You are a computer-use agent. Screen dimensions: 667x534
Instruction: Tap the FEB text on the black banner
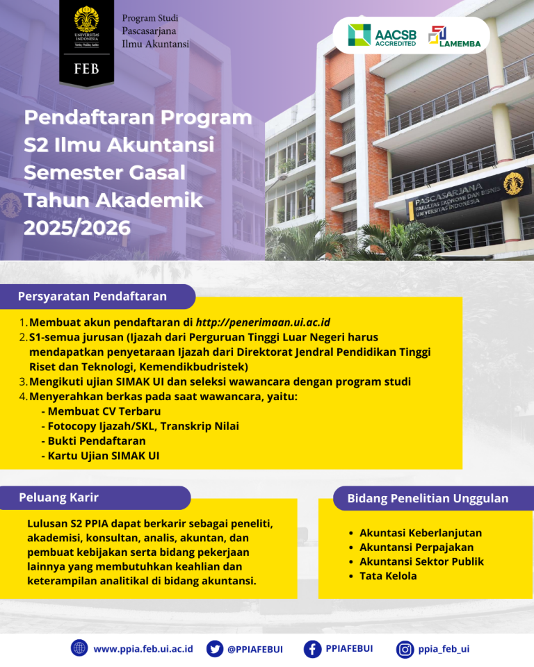click(x=86, y=69)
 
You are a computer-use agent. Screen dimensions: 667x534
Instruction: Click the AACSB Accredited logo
click(x=382, y=35)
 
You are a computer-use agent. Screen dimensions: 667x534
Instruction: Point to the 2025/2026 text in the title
click(x=77, y=227)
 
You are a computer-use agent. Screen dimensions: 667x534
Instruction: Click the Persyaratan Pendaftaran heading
click(x=92, y=297)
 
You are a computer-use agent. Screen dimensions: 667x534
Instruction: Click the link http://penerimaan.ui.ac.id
click(x=263, y=322)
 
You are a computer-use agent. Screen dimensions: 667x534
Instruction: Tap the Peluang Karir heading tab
click(x=59, y=497)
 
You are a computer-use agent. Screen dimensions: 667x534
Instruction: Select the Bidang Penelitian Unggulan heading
click(x=428, y=498)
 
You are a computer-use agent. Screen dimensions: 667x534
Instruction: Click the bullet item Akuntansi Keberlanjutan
click(x=420, y=533)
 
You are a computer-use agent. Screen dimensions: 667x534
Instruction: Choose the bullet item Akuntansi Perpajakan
click(x=416, y=547)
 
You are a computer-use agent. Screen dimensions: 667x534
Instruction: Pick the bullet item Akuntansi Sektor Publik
click(x=421, y=561)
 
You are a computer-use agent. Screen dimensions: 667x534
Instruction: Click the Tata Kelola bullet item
click(x=388, y=576)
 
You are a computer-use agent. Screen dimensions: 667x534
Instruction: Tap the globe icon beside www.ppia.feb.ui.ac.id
click(x=79, y=648)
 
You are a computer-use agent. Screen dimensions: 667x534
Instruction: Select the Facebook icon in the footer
click(x=313, y=648)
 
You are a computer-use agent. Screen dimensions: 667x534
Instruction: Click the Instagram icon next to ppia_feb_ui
click(x=405, y=649)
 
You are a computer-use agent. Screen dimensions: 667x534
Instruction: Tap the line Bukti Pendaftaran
click(x=97, y=441)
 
